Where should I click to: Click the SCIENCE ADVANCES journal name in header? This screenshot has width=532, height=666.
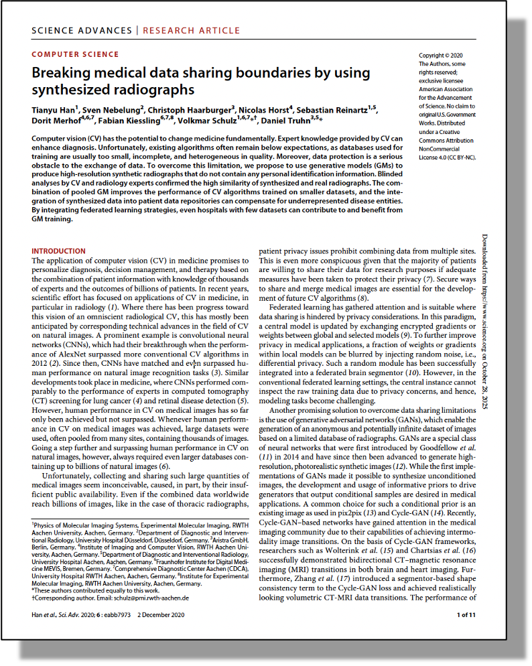click(82, 30)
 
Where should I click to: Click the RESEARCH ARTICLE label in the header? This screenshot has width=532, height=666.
click(191, 30)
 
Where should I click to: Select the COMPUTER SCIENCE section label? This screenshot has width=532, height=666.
click(75, 54)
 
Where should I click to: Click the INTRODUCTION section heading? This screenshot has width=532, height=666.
click(58, 251)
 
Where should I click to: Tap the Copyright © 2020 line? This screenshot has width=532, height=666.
click(440, 56)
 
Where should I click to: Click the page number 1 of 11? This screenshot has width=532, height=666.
click(466, 614)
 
